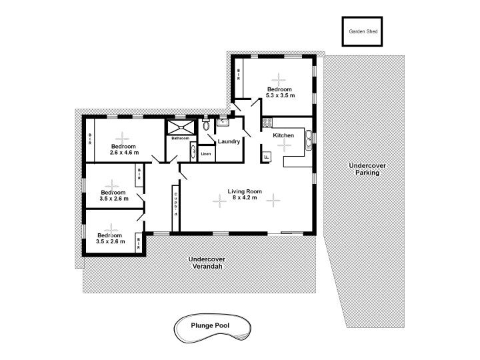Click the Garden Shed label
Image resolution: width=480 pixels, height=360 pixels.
(363, 31)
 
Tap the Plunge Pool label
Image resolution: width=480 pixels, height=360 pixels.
(210, 325)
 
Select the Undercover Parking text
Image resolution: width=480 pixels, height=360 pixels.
(367, 169)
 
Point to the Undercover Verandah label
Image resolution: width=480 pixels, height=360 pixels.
(207, 263)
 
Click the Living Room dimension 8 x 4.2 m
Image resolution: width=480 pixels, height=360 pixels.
(245, 198)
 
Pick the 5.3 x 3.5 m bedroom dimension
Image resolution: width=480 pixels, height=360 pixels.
(280, 95)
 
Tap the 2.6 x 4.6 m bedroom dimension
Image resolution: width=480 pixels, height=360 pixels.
(124, 153)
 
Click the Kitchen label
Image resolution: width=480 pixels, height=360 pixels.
(283, 135)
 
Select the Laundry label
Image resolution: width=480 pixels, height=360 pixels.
(229, 141)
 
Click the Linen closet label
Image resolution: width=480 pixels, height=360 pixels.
(206, 154)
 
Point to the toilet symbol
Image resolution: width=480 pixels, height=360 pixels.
(206, 124)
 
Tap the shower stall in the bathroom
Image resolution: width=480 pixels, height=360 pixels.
(181, 127)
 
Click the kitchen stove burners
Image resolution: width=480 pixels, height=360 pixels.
(267, 123)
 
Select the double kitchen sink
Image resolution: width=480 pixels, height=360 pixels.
(308, 141)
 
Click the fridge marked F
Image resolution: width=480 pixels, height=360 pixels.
(266, 157)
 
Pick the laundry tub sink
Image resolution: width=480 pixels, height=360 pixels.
(223, 123)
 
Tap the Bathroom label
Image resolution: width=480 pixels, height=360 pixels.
(180, 138)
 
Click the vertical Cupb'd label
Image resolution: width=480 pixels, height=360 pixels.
(176, 204)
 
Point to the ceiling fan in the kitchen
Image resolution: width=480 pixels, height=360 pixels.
(285, 145)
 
